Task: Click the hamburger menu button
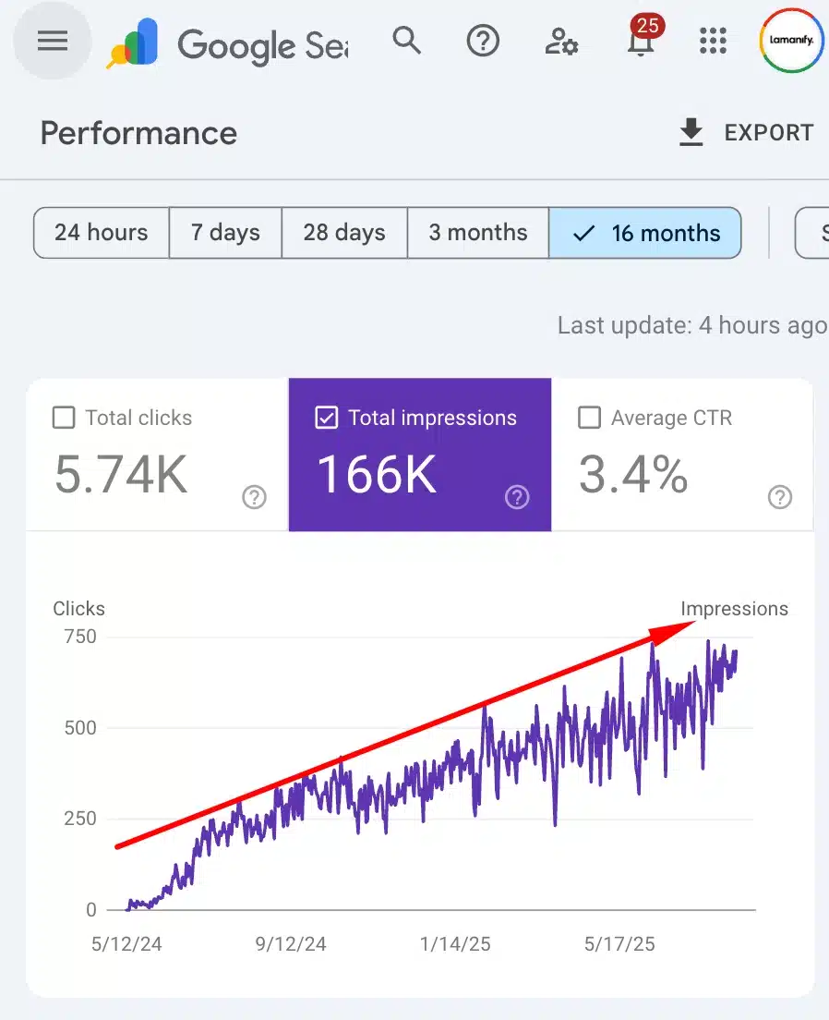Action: (x=52, y=42)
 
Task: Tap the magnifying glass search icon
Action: (x=406, y=41)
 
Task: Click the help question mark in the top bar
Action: (x=483, y=41)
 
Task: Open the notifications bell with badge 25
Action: (x=640, y=41)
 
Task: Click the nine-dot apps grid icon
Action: (x=714, y=41)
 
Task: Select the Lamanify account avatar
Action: (x=791, y=41)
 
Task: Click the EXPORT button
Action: (x=746, y=133)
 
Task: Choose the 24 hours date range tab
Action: (x=102, y=233)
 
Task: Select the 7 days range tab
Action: (x=225, y=233)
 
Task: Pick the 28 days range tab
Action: (x=344, y=233)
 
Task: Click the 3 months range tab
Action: (x=478, y=233)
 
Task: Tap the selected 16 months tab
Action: (x=645, y=233)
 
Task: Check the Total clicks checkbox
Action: (x=64, y=418)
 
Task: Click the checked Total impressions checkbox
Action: (x=327, y=418)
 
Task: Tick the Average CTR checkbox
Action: (x=589, y=418)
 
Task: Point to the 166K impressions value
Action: (x=377, y=474)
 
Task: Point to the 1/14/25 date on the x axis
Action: (x=455, y=944)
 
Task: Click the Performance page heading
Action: (x=138, y=133)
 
